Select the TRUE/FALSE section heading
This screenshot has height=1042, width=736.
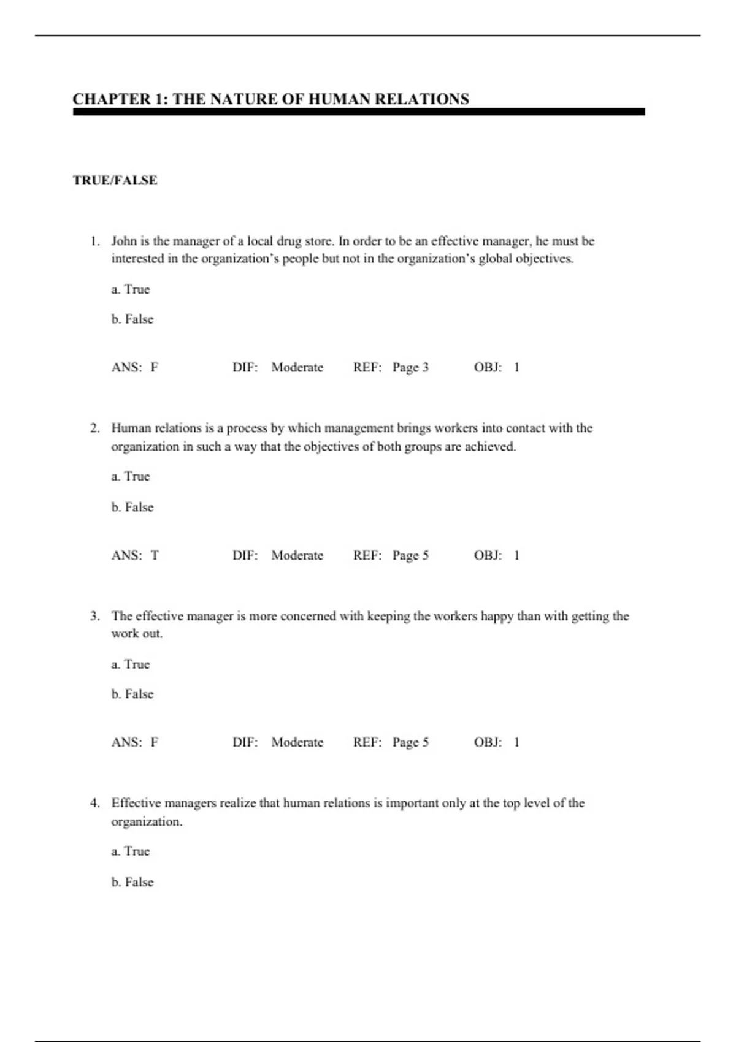click(x=115, y=180)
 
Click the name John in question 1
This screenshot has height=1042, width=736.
click(x=124, y=241)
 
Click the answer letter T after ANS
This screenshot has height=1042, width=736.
click(x=155, y=555)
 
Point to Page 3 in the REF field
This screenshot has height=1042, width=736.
click(x=410, y=367)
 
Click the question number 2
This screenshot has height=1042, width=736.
click(x=94, y=428)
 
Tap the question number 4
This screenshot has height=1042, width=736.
click(x=94, y=803)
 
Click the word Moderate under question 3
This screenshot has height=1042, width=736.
click(x=297, y=742)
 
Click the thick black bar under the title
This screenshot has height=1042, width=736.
click(x=359, y=112)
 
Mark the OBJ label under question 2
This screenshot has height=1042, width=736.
click(x=488, y=555)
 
